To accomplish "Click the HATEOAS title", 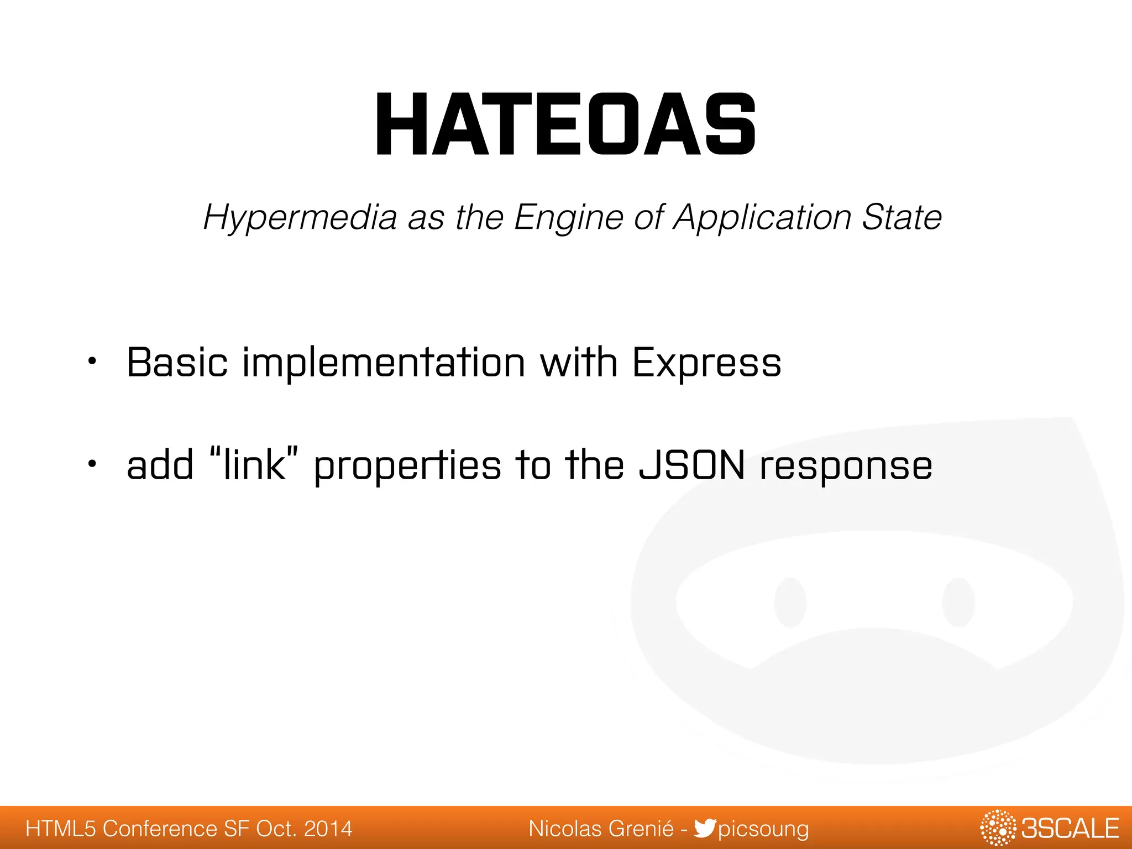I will [x=565, y=125].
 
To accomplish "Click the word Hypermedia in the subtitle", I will [x=300, y=217].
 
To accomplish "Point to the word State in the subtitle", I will [x=902, y=217].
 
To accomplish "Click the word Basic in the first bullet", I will [x=177, y=363].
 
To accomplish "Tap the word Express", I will [x=706, y=364].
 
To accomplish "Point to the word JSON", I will [x=691, y=465].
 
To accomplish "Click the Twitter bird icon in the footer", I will [x=705, y=828].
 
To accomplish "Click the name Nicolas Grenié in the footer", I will [x=601, y=829].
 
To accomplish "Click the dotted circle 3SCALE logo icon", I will [x=998, y=828].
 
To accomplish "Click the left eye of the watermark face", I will [x=790, y=602].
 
